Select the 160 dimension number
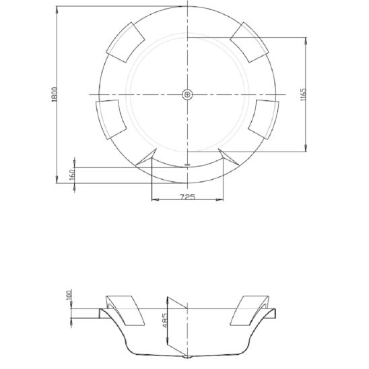(71, 174)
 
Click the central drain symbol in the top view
(188, 94)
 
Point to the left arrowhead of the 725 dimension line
(155, 200)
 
